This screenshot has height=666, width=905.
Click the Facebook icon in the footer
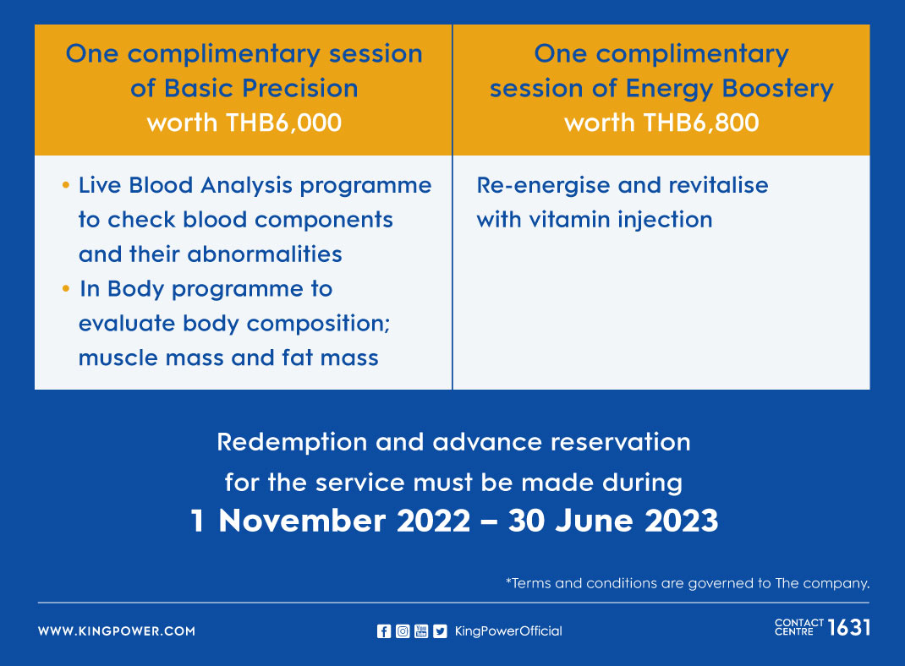[384, 631]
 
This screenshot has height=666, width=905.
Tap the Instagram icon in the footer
[403, 631]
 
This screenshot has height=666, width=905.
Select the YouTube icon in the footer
[421, 631]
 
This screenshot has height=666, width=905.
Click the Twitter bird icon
[441, 631]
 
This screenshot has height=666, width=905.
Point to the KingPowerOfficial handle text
[508, 631]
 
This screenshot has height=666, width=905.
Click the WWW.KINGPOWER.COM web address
[117, 631]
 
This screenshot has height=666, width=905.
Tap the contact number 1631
[849, 627]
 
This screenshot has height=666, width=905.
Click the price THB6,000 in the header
[283, 123]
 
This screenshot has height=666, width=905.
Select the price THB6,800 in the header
[700, 123]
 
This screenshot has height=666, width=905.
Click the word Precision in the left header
[300, 88]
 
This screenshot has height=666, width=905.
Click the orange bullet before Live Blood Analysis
[66, 185]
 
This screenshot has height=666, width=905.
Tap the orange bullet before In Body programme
[66, 288]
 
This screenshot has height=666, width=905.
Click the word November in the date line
[302, 521]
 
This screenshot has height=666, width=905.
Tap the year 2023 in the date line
[682, 521]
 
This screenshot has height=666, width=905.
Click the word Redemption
[292, 443]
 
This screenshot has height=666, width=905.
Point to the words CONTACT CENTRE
[798, 627]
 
